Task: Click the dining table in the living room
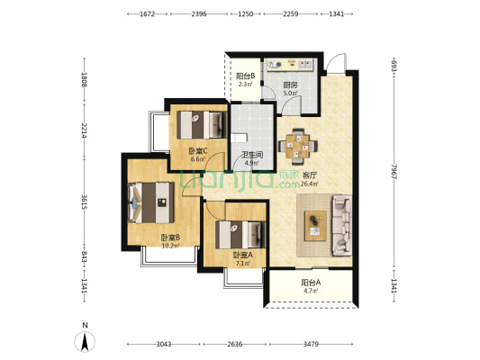[297, 147]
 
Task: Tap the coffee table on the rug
[315, 226]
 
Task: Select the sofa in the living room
[341, 225]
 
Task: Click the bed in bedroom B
[151, 202]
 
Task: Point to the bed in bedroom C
[202, 125]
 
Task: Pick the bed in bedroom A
[240, 235]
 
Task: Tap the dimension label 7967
[394, 171]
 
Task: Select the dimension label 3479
[311, 344]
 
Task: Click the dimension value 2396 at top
[199, 13]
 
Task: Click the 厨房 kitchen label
[290, 85]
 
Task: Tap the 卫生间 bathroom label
[252, 155]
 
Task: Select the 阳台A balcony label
[311, 283]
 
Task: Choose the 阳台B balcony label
[246, 76]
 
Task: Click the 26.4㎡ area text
[309, 184]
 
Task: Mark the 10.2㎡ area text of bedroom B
[170, 246]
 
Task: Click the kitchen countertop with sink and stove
[290, 65]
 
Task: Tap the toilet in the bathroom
[238, 138]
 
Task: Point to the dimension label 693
[394, 66]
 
